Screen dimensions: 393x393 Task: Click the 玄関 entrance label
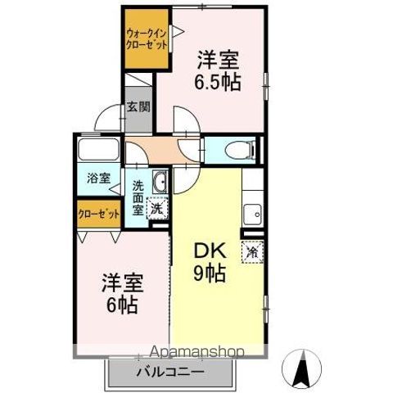coord(138,106)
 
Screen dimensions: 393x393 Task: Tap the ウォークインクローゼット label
coord(147,38)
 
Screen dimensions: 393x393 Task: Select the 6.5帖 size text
coord(217,82)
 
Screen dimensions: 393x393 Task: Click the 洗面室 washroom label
coord(138,197)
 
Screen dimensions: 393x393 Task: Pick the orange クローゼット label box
coord(98,212)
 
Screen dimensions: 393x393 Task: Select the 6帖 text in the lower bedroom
coord(120,305)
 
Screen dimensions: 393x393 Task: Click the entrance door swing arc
coord(109,120)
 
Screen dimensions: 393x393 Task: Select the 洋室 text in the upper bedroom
coord(217,61)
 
